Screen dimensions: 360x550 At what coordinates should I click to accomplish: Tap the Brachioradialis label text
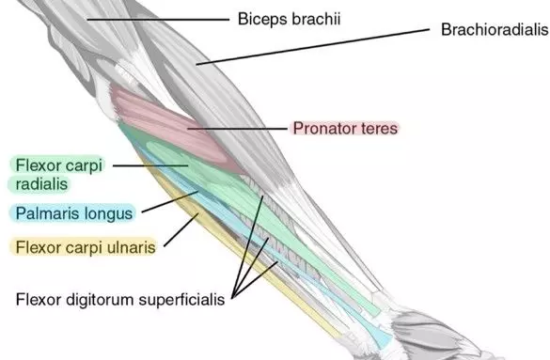[494, 29]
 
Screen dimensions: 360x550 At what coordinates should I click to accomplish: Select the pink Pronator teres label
[344, 127]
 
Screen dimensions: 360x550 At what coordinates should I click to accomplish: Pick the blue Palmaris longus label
[74, 213]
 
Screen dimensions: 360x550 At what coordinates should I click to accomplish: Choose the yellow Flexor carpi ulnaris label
[85, 247]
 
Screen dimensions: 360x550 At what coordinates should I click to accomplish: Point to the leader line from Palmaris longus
[165, 204]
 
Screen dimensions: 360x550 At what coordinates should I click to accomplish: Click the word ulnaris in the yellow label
[130, 247]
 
